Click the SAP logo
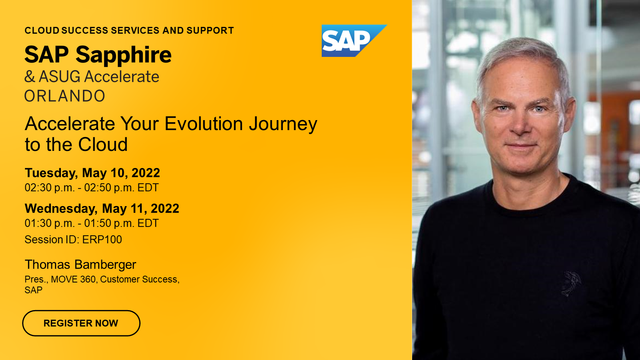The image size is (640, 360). (x=353, y=41)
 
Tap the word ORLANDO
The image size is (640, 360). (x=66, y=96)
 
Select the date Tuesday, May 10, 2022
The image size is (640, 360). (x=92, y=172)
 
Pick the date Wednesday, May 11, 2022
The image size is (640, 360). (x=101, y=208)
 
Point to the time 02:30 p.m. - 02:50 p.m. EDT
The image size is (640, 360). (x=91, y=187)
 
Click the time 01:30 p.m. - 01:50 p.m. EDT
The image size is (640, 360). (x=91, y=223)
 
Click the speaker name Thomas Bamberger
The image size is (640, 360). (x=80, y=265)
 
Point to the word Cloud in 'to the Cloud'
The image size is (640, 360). (x=105, y=145)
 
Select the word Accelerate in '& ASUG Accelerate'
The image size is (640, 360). (x=122, y=76)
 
